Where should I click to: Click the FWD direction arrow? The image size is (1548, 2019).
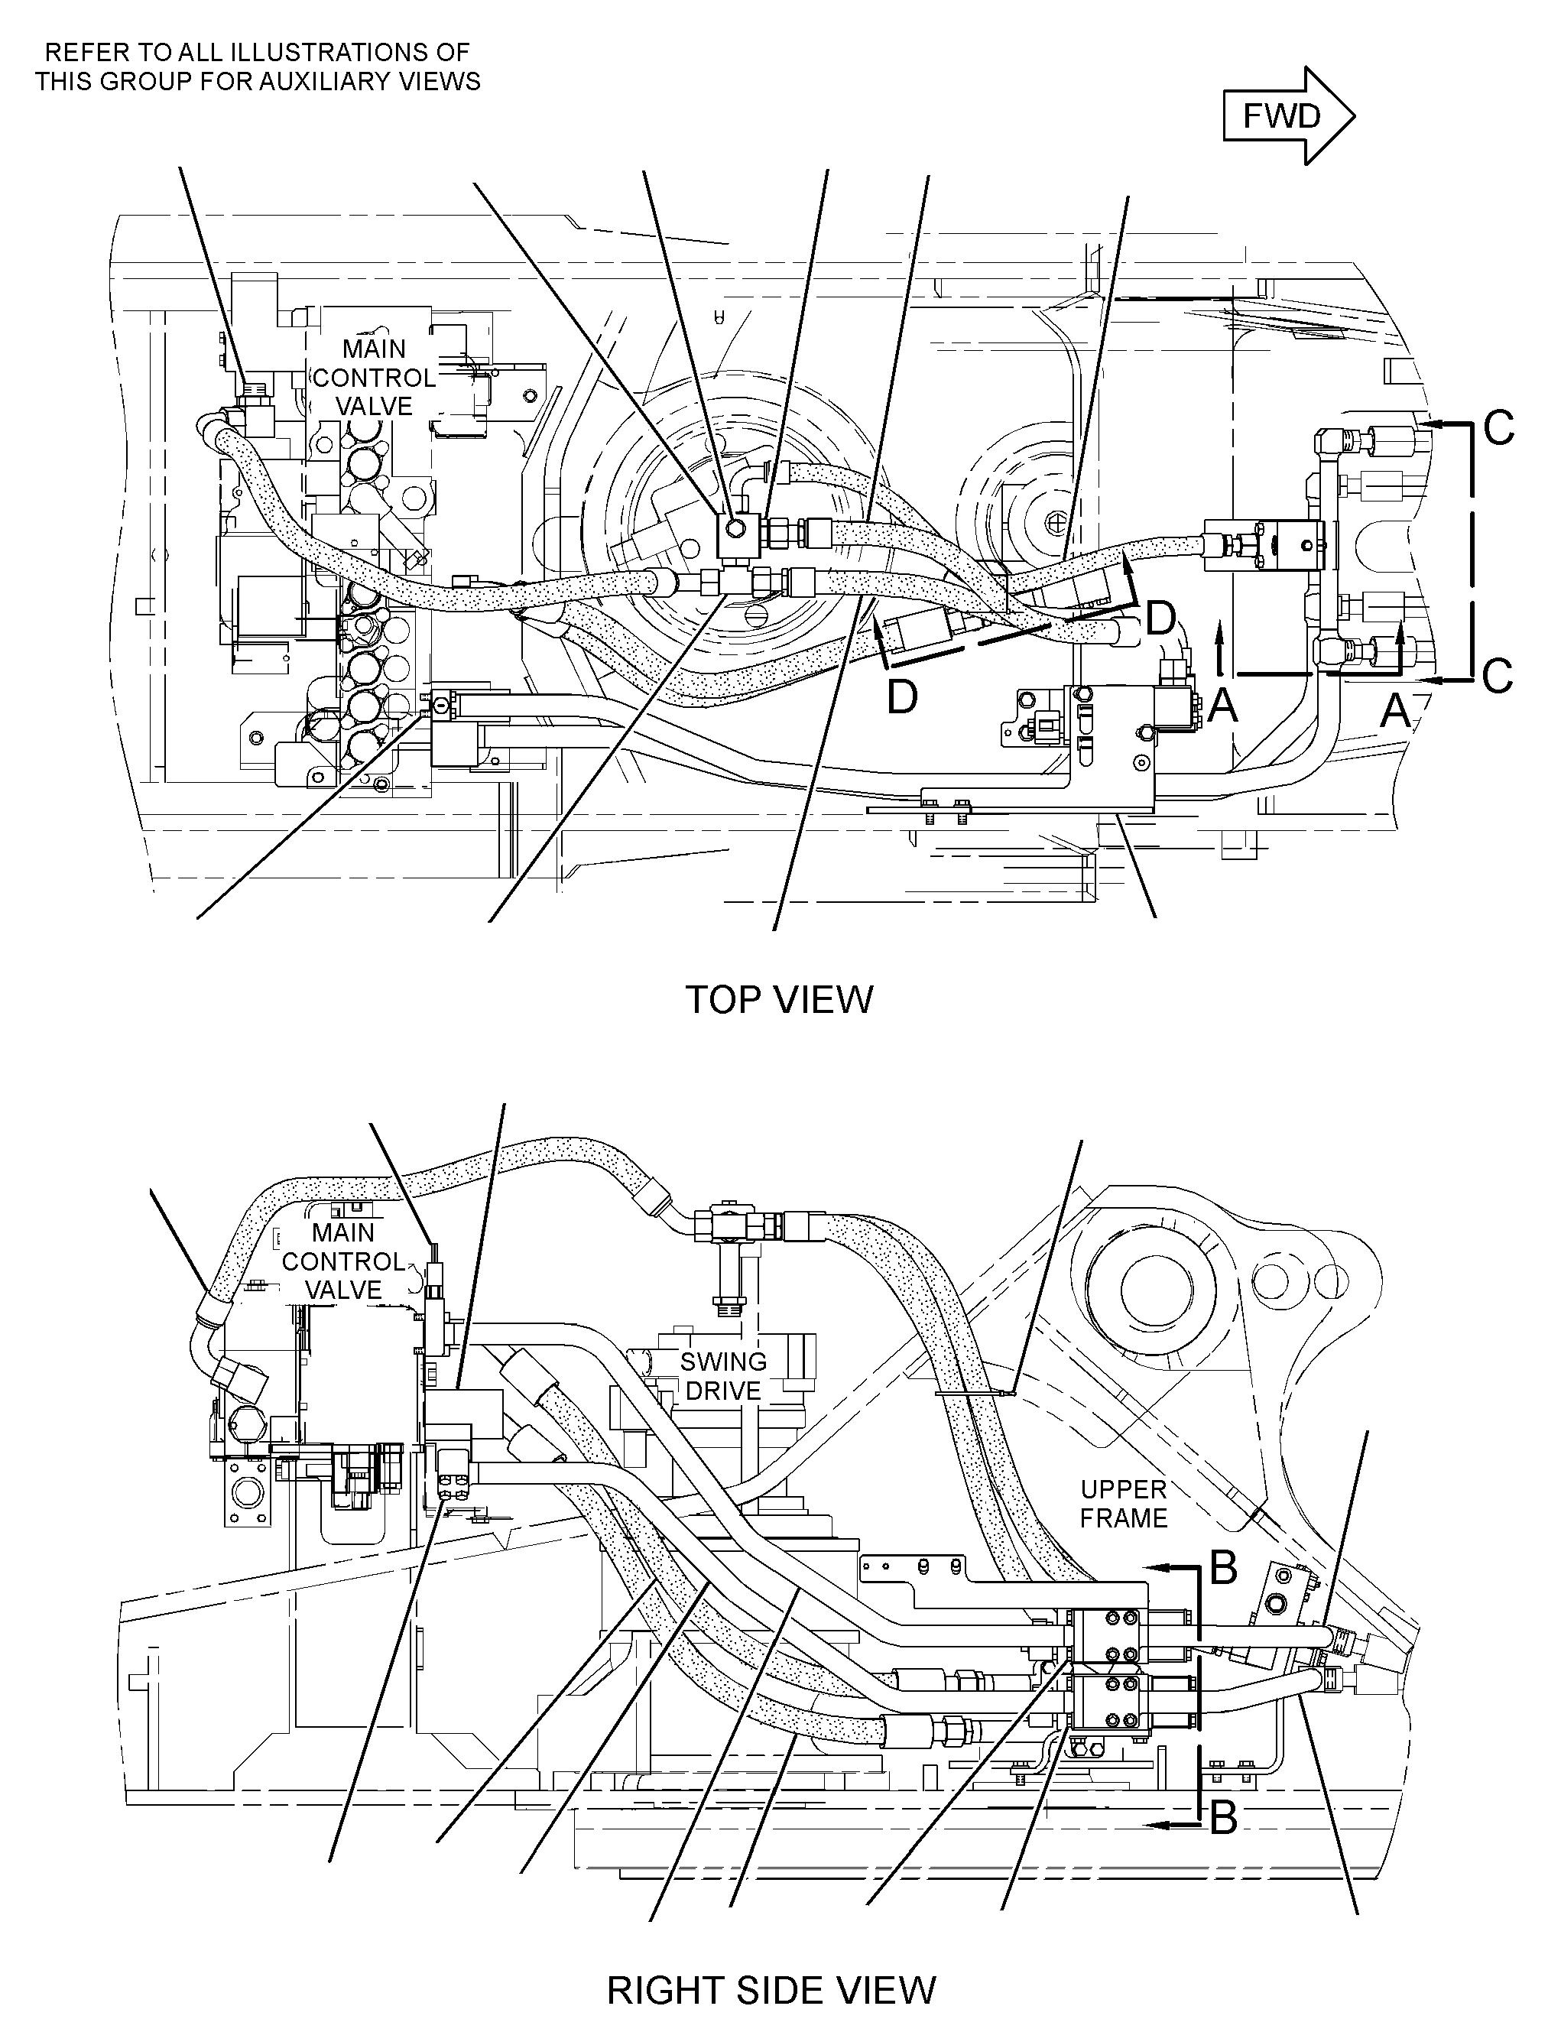point(1288,116)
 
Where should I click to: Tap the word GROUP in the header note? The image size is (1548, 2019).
point(130,82)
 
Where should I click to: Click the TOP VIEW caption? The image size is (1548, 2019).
point(780,1000)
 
